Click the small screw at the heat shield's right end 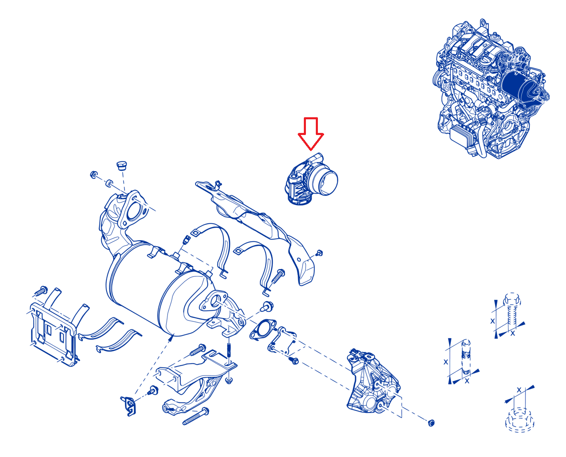320,253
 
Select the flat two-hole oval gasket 263,329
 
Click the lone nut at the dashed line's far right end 431,422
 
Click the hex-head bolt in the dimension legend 512,314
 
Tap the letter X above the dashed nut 519,390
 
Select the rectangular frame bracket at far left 53,334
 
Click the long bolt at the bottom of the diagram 196,417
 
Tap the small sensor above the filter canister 186,240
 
